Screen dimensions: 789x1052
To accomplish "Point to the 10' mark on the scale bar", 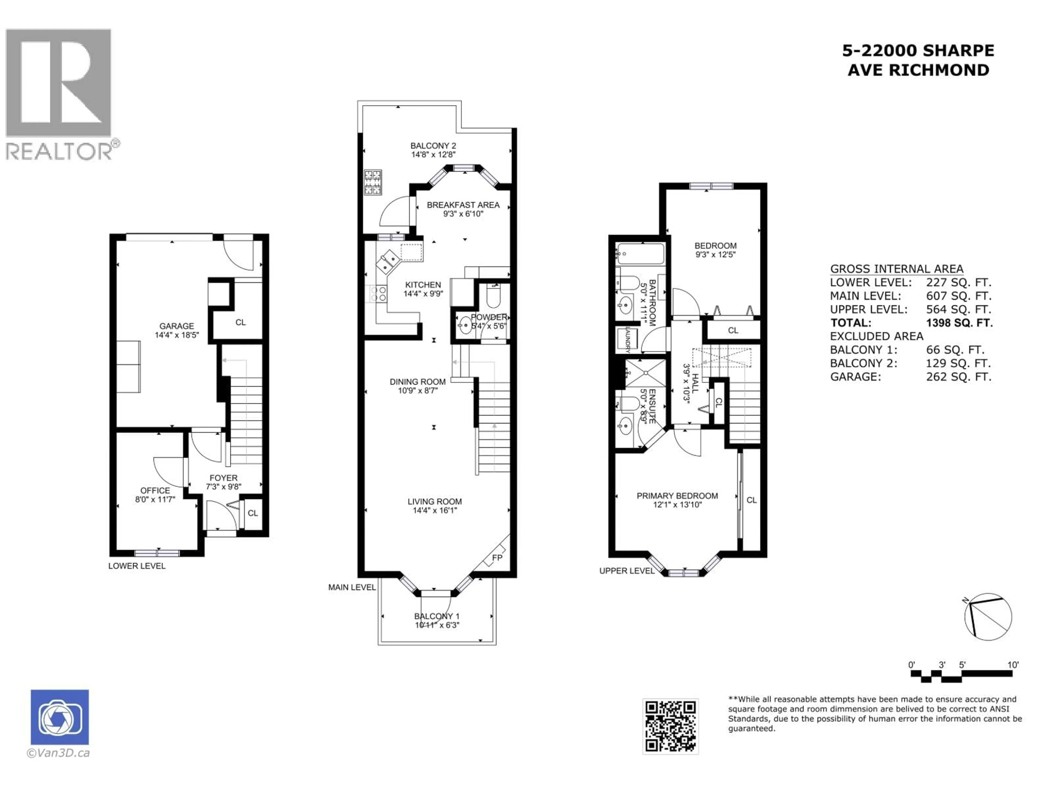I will (1013, 665).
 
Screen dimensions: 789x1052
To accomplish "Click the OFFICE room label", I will (155, 490).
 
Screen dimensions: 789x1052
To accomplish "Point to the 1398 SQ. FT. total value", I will (959, 323).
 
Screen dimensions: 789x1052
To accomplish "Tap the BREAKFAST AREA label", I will (463, 205).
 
